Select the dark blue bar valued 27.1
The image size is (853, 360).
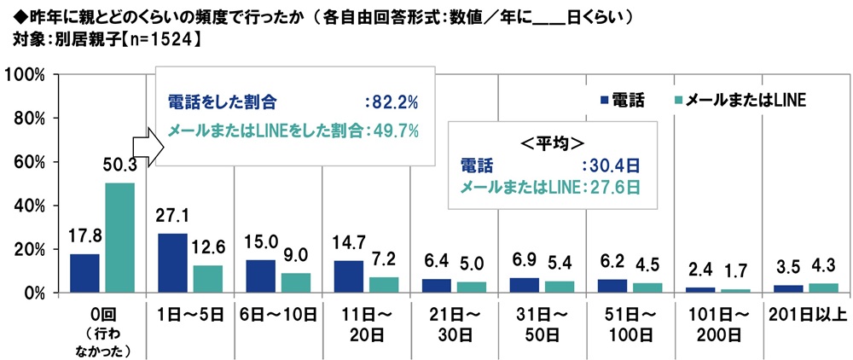coord(173,263)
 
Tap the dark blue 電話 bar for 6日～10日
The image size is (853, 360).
coord(261,276)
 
